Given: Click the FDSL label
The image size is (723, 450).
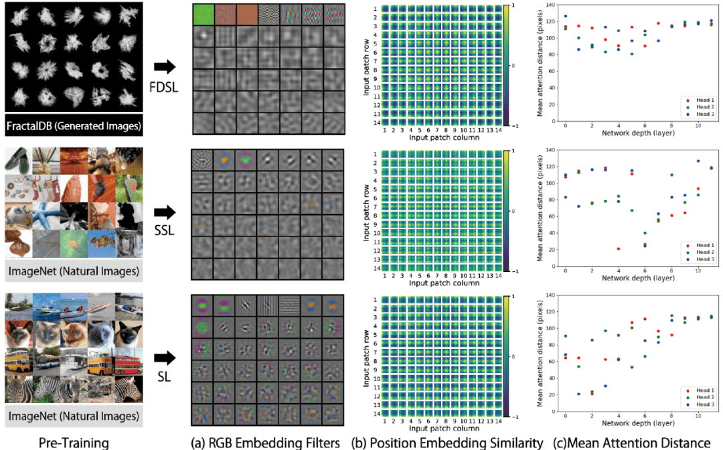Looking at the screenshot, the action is tap(164, 86).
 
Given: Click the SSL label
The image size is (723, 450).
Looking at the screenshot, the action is tap(164, 230).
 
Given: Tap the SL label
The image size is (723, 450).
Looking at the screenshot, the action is tap(164, 377).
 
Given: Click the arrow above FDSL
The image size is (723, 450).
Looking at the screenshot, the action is tap(165, 67).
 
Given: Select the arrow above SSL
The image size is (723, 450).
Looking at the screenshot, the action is tap(165, 212).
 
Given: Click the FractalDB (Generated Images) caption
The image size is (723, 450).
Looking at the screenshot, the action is tap(74, 126).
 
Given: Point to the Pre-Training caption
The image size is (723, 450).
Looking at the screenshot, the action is tap(74, 443).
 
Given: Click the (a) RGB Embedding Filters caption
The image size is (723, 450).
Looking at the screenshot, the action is tap(265, 443).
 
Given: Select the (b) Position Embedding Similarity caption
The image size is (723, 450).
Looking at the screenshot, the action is tap(447, 443).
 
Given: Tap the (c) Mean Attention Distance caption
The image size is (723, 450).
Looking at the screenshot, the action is tap(632, 443).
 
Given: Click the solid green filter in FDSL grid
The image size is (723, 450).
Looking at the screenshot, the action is tap(204, 14).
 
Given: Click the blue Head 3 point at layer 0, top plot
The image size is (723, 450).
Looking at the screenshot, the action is tap(566, 16).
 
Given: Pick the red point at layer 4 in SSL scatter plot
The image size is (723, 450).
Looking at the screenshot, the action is tap(619, 249).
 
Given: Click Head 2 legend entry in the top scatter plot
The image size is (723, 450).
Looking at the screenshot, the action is tap(700, 107).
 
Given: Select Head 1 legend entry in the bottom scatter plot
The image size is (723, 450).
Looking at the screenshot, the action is tap(700, 390).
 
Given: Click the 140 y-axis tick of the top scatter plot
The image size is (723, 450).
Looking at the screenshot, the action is tap(550, 5).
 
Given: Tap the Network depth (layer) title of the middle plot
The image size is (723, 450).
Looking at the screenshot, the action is tap(638, 278).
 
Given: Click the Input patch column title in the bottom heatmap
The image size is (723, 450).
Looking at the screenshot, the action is tap(444, 429).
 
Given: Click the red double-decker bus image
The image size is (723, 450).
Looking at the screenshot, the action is tap(129, 362).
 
